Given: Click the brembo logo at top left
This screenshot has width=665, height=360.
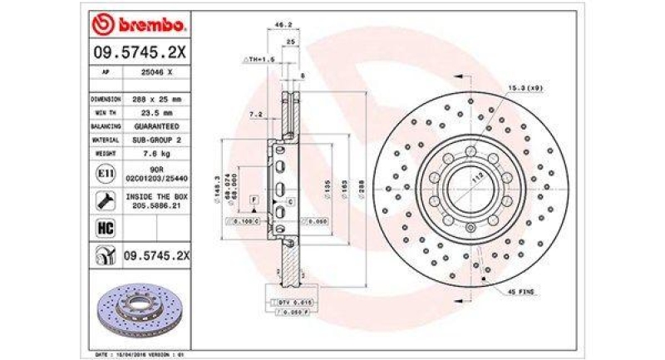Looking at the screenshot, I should click(x=135, y=26).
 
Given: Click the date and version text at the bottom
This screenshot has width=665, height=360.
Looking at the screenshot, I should click(x=135, y=353).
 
